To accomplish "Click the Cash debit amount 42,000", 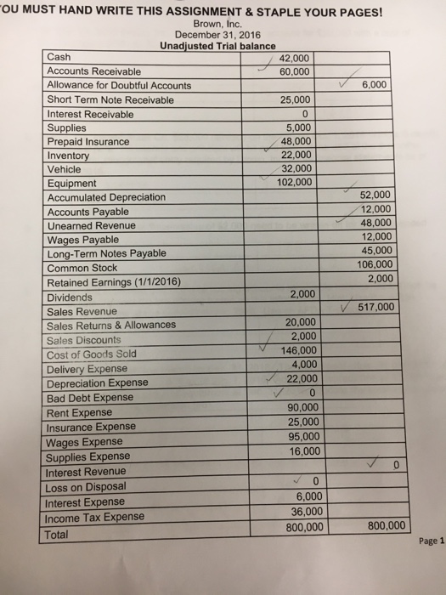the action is pos(297,58).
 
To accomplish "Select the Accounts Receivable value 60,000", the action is pos(297,71).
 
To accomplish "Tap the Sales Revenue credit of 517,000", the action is pos(376,308).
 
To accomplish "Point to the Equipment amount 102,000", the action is pos(295,181).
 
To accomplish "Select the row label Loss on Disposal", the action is pos(86,487).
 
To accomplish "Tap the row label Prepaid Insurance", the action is pos(88,141).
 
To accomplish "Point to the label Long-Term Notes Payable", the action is pos(107,253).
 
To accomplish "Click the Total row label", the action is pos(61,535).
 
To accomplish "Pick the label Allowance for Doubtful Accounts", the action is pos(119,86).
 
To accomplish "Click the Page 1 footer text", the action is pos(432,547).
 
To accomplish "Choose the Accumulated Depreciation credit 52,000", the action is pos(375,195).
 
